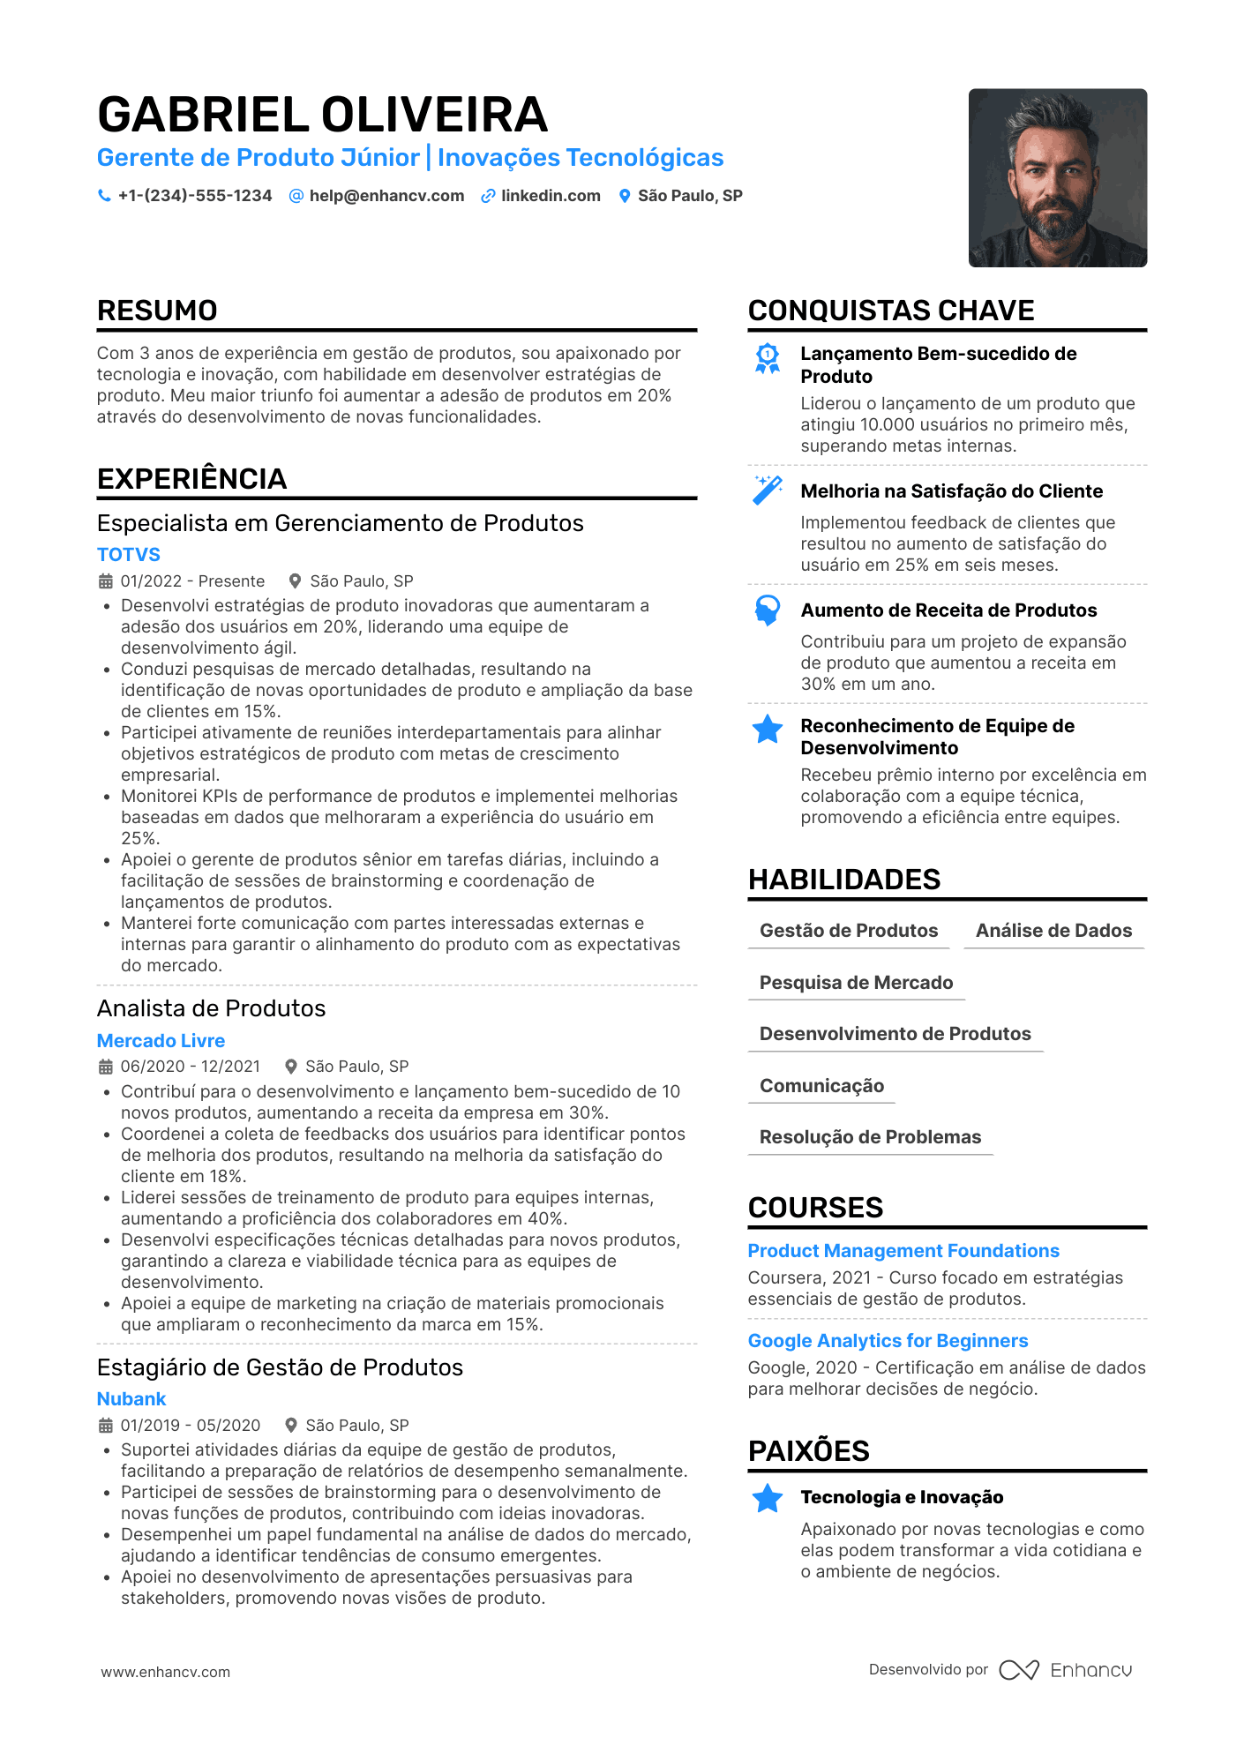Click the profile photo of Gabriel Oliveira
(1057, 177)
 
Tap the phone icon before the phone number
(104, 196)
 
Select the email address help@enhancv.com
(386, 196)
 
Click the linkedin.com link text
(551, 196)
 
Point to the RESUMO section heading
(157, 311)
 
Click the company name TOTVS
(129, 555)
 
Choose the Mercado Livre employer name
(161, 1041)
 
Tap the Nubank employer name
(131, 1399)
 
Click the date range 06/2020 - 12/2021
(191, 1067)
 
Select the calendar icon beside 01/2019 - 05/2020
(105, 1426)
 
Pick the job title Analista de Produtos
(211, 1008)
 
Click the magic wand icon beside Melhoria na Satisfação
(768, 490)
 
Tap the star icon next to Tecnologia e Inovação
(768, 1498)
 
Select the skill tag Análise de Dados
(1053, 931)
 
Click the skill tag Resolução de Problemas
(870, 1137)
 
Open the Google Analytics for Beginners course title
(888, 1341)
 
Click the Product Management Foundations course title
(903, 1251)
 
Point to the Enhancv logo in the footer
(1066, 1670)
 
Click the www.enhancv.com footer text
(165, 1672)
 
